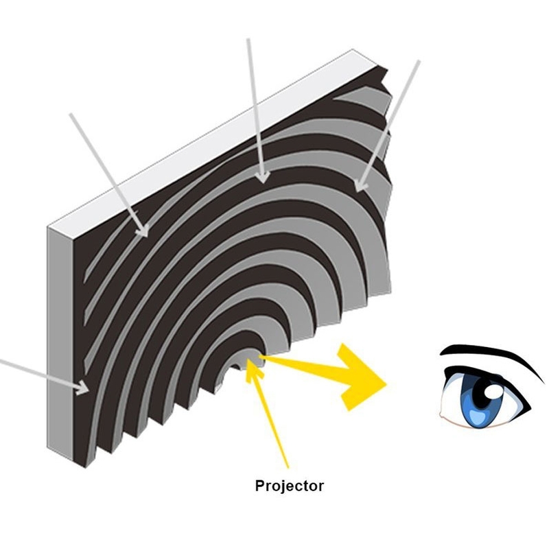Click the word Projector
(x=289, y=487)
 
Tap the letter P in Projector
(x=259, y=486)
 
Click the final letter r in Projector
(x=320, y=488)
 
